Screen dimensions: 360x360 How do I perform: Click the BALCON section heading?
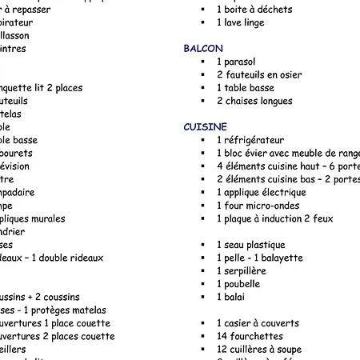point(203,49)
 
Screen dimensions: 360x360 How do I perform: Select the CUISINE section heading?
point(206,127)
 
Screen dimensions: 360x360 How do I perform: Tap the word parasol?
point(239,62)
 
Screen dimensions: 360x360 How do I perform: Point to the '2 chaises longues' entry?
point(254,102)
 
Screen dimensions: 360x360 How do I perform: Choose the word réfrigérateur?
point(255,140)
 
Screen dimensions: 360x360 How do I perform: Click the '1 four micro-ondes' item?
point(258,206)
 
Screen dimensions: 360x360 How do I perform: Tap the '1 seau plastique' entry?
point(250,245)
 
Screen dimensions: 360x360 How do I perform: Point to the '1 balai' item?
point(233,297)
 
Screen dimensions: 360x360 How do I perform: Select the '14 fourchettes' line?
point(250,337)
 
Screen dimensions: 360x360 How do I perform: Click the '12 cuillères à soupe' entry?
point(258,350)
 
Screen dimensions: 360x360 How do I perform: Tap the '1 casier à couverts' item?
point(258,323)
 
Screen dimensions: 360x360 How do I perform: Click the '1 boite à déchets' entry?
point(254,10)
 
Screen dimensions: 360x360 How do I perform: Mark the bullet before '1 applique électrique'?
point(204,193)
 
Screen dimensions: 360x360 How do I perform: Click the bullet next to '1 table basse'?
point(204,88)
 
